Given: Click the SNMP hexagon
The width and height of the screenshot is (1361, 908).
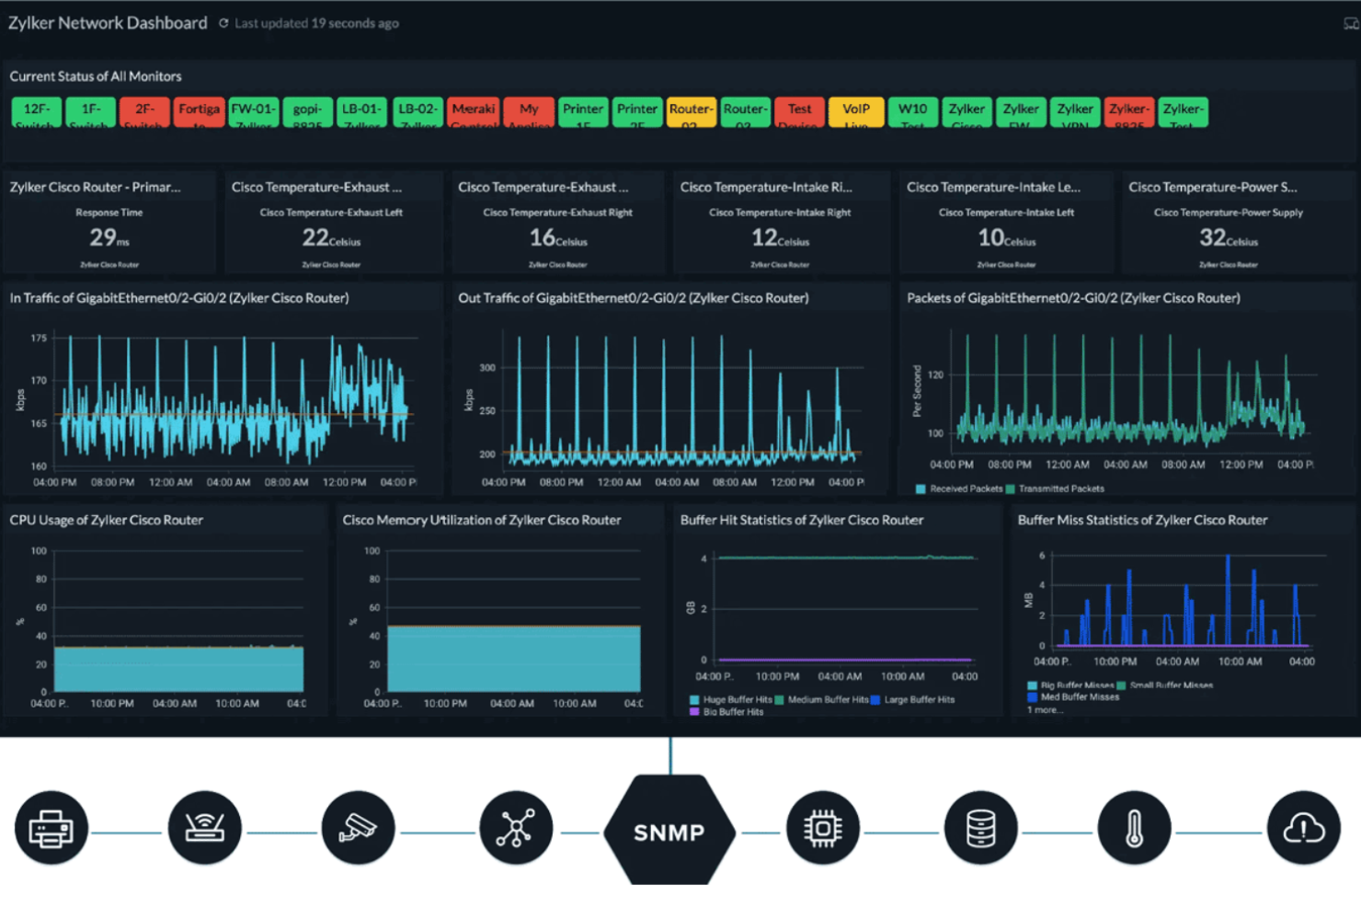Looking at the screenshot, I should (669, 831).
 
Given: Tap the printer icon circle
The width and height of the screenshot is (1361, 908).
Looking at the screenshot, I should (51, 829).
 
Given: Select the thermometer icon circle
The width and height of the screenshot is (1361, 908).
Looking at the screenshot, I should (1134, 829).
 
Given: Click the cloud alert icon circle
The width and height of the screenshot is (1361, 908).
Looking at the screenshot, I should (1303, 829).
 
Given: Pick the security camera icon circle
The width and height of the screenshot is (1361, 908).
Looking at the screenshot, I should (358, 829).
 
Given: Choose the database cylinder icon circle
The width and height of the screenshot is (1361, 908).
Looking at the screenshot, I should (980, 829).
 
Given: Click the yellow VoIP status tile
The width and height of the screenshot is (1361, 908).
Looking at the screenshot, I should (855, 111).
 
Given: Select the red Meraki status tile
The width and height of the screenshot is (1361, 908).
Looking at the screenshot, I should (474, 111).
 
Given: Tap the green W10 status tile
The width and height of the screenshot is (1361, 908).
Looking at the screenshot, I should (912, 111).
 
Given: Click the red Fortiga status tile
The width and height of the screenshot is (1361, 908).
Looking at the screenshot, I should (199, 111).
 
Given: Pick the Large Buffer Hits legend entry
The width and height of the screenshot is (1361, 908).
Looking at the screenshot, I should (919, 699).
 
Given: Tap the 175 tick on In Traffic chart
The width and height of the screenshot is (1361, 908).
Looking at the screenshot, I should (39, 338).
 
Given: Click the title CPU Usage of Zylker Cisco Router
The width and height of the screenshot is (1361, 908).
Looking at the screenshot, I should (107, 520).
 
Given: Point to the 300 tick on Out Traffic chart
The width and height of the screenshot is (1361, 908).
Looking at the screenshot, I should (487, 367).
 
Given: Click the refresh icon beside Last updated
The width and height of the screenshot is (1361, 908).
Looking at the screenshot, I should (223, 23).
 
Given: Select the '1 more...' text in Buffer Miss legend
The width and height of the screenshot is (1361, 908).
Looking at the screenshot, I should (1044, 709).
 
